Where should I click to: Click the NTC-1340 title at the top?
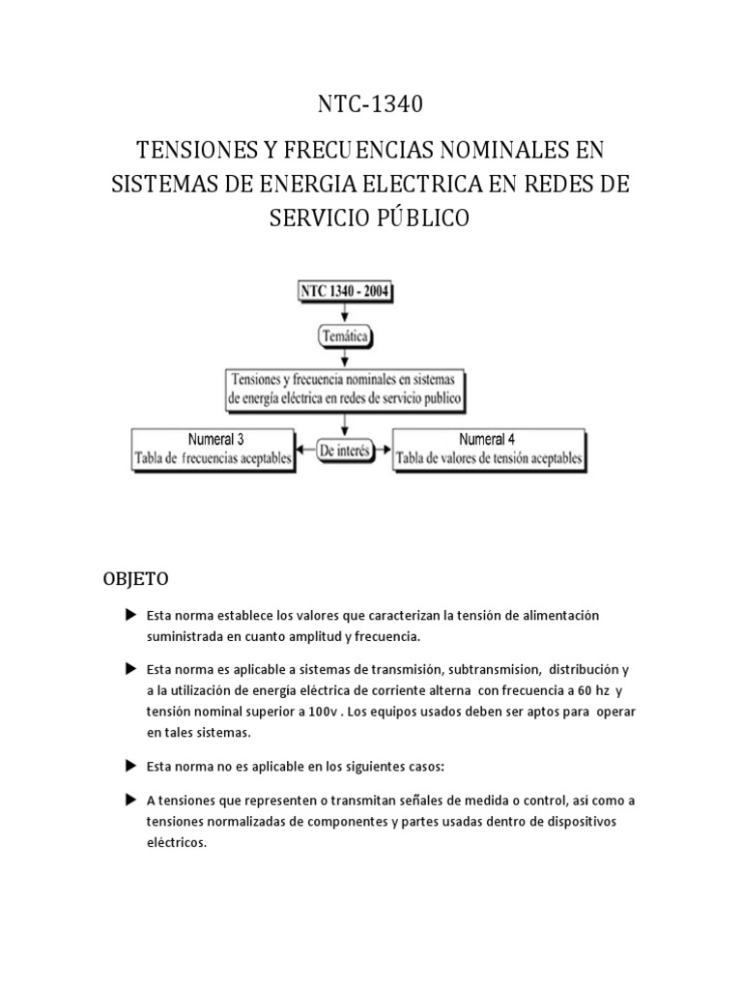pos(370,104)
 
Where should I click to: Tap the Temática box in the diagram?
pos(345,336)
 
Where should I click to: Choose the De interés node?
pos(342,451)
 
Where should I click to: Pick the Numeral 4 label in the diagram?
pos(487,437)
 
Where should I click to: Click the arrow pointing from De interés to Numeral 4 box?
pos(383,451)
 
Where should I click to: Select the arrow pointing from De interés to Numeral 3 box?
pos(303,451)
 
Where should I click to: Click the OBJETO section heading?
pos(136,579)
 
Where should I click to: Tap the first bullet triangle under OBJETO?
pos(130,616)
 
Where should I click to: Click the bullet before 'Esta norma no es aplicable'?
pos(130,766)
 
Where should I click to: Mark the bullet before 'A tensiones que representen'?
pos(130,801)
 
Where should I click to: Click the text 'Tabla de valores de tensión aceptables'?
pos(490,459)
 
